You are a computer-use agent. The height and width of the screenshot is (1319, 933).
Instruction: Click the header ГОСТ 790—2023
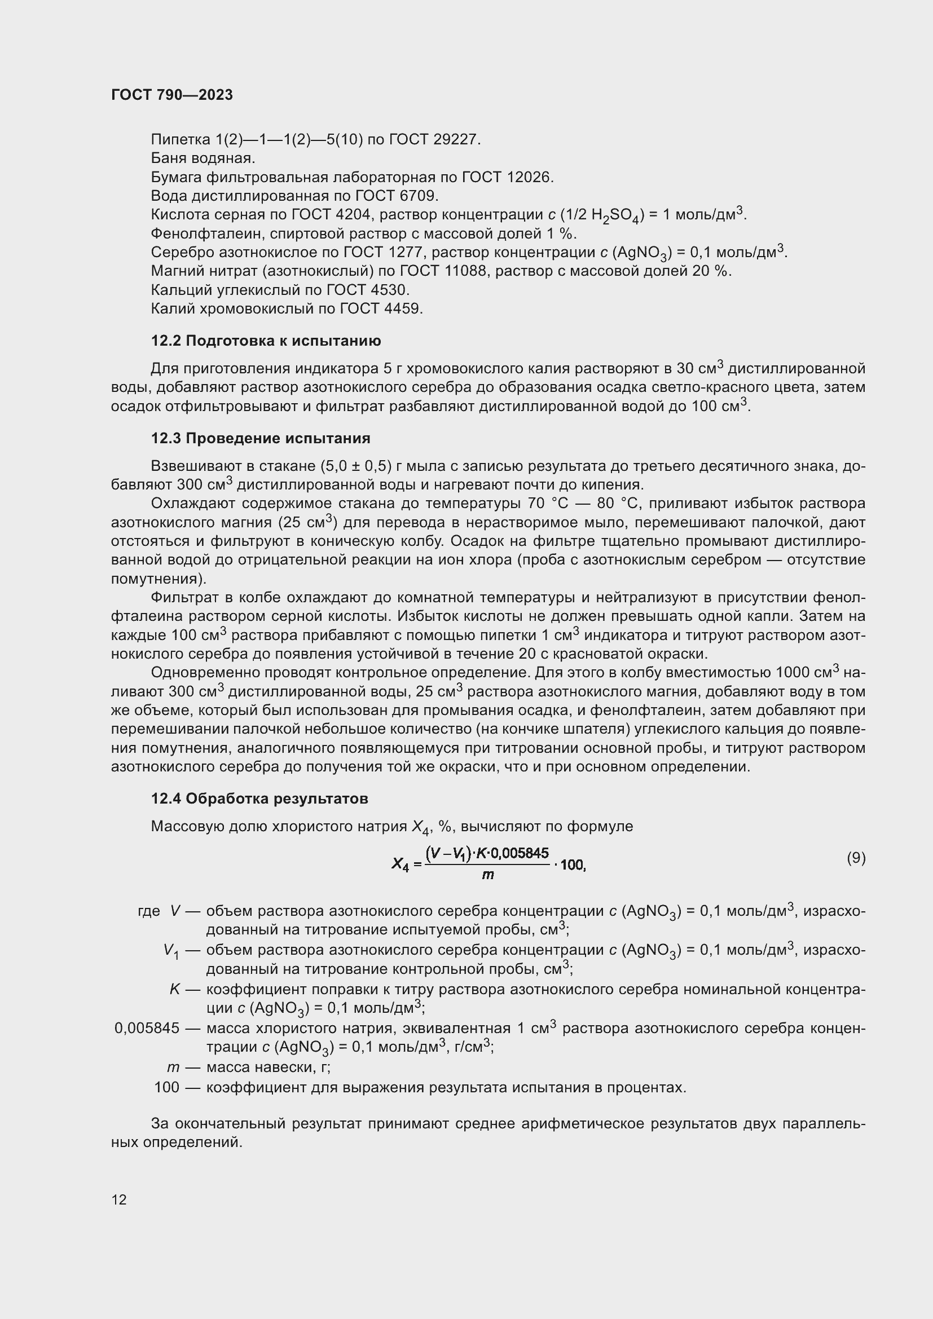(172, 95)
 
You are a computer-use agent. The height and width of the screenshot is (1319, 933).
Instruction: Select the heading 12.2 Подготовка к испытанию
(266, 341)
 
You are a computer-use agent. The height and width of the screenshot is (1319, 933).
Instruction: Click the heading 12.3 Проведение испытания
(260, 438)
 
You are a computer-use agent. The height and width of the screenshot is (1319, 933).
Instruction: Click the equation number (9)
(856, 858)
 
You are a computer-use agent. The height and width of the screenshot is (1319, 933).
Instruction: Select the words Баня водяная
(203, 158)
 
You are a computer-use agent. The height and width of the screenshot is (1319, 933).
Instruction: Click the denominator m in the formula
(488, 876)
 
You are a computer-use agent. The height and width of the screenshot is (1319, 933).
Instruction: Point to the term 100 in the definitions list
(166, 1087)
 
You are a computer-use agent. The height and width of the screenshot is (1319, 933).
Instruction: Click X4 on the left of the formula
(400, 863)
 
